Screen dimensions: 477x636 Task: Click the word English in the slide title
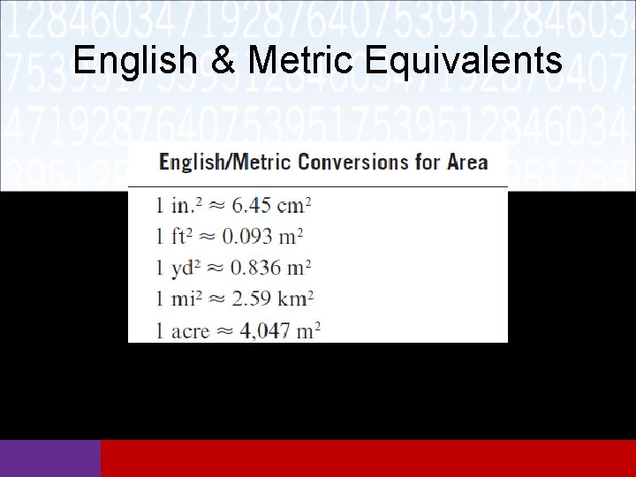(x=135, y=60)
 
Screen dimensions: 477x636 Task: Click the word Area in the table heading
(x=467, y=163)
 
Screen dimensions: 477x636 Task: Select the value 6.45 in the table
(x=253, y=206)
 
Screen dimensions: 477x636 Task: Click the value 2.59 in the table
(x=251, y=298)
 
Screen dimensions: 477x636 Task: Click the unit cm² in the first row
(x=295, y=206)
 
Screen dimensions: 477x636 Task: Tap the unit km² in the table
(x=296, y=298)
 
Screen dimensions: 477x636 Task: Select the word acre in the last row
(x=190, y=331)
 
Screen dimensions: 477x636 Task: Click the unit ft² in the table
(x=181, y=236)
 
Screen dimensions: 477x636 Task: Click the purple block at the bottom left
(x=50, y=458)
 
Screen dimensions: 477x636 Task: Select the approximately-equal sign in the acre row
(x=225, y=331)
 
